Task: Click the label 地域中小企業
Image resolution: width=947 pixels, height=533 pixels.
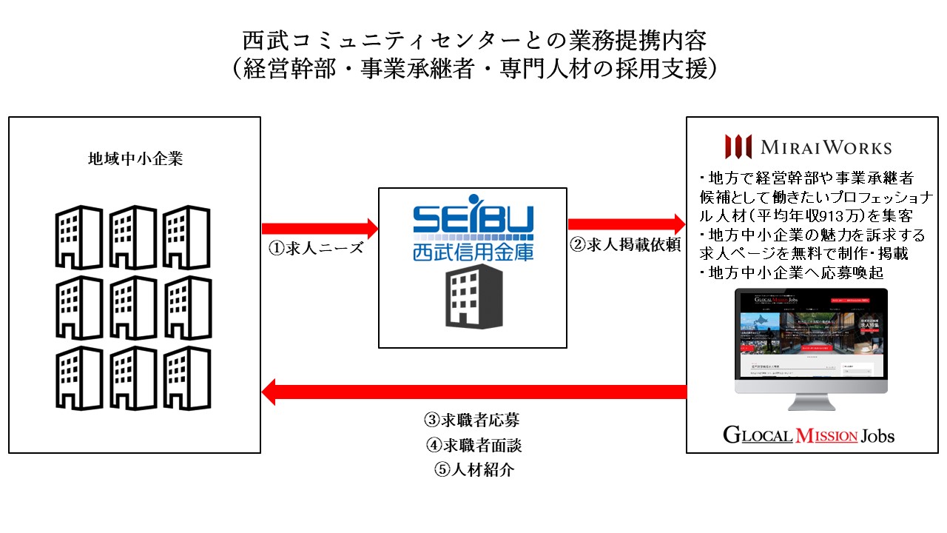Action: pyautogui.click(x=135, y=159)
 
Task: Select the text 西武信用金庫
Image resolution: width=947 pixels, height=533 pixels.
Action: pyautogui.click(x=472, y=252)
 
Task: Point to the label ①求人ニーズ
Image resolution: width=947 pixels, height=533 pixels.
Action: pyautogui.click(x=316, y=248)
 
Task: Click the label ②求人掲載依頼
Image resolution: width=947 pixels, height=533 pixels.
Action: pyautogui.click(x=625, y=247)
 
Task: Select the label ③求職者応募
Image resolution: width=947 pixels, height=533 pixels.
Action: pyautogui.click(x=471, y=420)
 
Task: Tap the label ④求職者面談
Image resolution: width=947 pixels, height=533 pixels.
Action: pyautogui.click(x=471, y=445)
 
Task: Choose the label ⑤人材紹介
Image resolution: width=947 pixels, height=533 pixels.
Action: pyautogui.click(x=471, y=469)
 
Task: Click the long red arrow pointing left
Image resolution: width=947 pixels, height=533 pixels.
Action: pyautogui.click(x=473, y=391)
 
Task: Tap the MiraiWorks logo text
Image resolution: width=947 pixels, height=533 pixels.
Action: pyautogui.click(x=826, y=147)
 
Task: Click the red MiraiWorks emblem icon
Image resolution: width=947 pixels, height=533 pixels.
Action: pyautogui.click(x=738, y=146)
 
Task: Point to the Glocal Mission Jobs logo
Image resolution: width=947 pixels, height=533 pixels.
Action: pyautogui.click(x=809, y=435)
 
